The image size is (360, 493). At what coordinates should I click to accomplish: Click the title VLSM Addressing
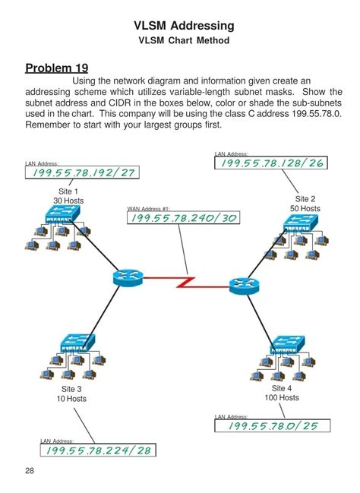[x=182, y=26]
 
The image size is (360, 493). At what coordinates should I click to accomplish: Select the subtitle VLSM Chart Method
[x=182, y=40]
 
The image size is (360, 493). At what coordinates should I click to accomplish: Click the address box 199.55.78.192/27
[x=82, y=172]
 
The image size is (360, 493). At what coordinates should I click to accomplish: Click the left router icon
[x=127, y=278]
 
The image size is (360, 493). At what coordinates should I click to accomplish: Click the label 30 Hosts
[x=68, y=201]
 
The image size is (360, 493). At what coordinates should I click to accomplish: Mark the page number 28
[x=30, y=471]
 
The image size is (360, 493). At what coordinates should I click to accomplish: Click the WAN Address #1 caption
[x=148, y=207]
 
